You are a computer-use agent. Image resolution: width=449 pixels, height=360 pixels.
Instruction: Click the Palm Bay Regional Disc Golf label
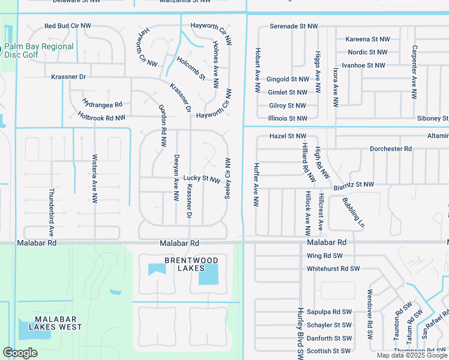[39, 50]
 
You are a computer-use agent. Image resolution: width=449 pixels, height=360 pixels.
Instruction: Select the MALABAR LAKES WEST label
[59, 323]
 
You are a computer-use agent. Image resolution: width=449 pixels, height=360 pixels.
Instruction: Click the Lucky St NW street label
[202, 178]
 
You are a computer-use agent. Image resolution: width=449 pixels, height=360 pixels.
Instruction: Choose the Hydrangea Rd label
[103, 104]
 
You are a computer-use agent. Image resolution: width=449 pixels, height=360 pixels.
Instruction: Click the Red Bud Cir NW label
[68, 26]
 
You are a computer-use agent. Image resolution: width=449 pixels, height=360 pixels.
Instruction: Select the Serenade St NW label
[293, 26]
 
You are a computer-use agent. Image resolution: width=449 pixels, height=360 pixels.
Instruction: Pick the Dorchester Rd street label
[390, 148]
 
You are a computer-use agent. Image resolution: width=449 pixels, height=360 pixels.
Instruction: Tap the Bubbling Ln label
[353, 212]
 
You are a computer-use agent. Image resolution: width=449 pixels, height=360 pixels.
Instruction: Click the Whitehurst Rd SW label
[333, 269]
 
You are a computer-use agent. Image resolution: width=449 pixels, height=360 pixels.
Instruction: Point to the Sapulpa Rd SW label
[328, 312]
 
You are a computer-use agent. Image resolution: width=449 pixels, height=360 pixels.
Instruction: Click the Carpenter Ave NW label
[414, 71]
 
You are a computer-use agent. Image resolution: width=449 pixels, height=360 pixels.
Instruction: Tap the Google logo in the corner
[20, 353]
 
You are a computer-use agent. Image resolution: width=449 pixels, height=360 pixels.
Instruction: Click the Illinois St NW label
[288, 119]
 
